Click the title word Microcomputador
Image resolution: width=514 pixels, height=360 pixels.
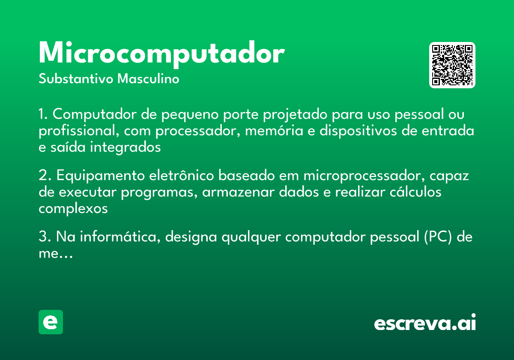pos(161,54)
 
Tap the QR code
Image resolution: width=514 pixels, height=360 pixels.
pos(452,65)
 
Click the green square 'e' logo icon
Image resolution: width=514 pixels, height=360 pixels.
pos(51,322)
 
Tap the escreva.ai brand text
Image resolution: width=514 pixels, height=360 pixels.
pos(425,324)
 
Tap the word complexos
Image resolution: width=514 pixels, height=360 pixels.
pos(73,209)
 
